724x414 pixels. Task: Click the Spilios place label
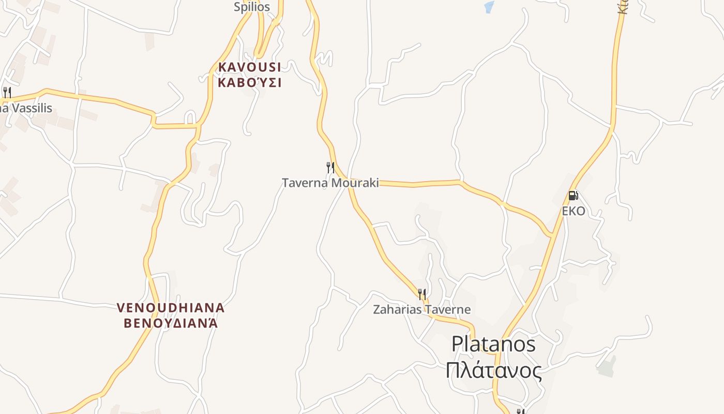click(x=252, y=7)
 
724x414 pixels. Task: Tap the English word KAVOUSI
click(x=250, y=67)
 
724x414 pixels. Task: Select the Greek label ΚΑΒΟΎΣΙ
click(x=250, y=82)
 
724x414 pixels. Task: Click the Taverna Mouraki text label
click(x=330, y=183)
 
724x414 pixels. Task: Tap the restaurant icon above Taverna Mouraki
click(x=330, y=167)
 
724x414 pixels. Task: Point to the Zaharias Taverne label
click(x=422, y=309)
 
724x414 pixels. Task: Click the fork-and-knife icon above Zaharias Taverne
click(x=422, y=294)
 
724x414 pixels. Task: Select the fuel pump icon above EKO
click(x=573, y=196)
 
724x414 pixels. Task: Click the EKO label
click(x=574, y=211)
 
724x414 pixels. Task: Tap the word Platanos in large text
click(x=493, y=344)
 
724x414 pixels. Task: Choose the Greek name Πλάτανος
click(x=493, y=371)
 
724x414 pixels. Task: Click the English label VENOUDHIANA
click(x=171, y=308)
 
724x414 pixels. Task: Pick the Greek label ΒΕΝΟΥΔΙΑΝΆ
click(x=171, y=323)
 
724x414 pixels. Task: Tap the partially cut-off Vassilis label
click(x=26, y=108)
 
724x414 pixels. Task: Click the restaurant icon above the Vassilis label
click(x=7, y=93)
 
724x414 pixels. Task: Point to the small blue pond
click(x=489, y=7)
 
